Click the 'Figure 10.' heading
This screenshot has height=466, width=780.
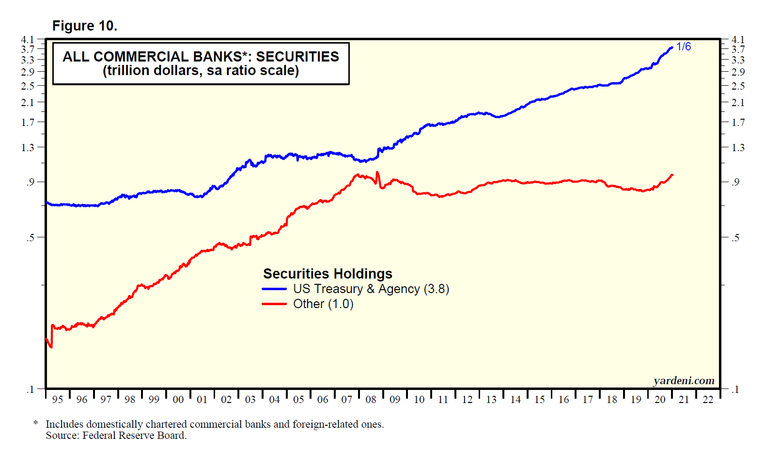pyautogui.click(x=85, y=26)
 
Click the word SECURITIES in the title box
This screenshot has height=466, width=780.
pyautogui.click(x=297, y=57)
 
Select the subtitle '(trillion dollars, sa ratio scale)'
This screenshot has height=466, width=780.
pyautogui.click(x=201, y=71)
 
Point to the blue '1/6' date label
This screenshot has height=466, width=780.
pyautogui.click(x=684, y=47)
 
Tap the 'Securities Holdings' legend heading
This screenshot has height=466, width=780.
pyautogui.click(x=328, y=274)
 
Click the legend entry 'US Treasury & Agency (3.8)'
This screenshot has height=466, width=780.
pyautogui.click(x=371, y=289)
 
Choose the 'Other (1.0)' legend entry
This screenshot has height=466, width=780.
pyautogui.click(x=323, y=304)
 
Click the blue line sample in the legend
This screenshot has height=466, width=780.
pyautogui.click(x=274, y=289)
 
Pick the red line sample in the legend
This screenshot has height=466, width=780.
pyautogui.click(x=274, y=304)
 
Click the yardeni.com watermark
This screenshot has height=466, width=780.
pyautogui.click(x=684, y=381)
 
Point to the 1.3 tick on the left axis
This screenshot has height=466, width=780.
pyautogui.click(x=28, y=147)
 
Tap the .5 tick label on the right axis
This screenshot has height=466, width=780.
pyautogui.click(x=735, y=237)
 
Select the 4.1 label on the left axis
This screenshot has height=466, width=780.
pyautogui.click(x=28, y=39)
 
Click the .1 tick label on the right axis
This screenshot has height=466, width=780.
pyautogui.click(x=735, y=389)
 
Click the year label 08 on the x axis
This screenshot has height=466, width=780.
pyautogui.click(x=371, y=400)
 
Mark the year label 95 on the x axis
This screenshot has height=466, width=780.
pyautogui.click(x=57, y=400)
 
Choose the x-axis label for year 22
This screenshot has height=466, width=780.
pyautogui.click(x=708, y=400)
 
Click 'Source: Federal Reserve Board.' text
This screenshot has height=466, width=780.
pyautogui.click(x=116, y=435)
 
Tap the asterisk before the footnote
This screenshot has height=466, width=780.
pyautogui.click(x=35, y=424)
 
